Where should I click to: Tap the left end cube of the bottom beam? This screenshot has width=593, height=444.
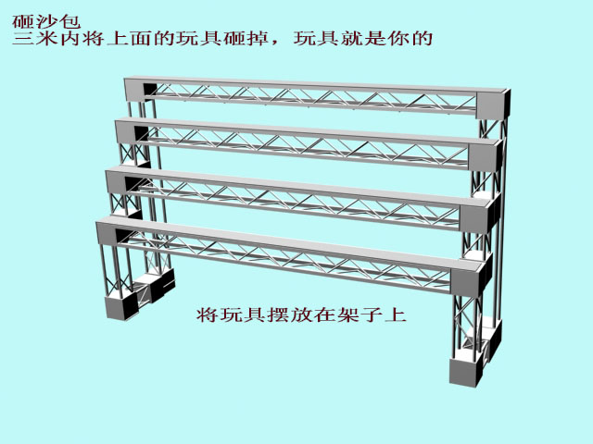pyautogui.click(x=113, y=235)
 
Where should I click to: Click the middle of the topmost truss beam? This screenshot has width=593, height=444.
pyautogui.click(x=315, y=94)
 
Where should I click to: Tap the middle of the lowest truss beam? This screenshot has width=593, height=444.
pyautogui.click(x=287, y=252)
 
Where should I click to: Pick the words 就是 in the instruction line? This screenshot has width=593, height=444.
pyautogui.click(x=367, y=40)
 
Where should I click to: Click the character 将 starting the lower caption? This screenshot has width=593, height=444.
pyautogui.click(x=208, y=314)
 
